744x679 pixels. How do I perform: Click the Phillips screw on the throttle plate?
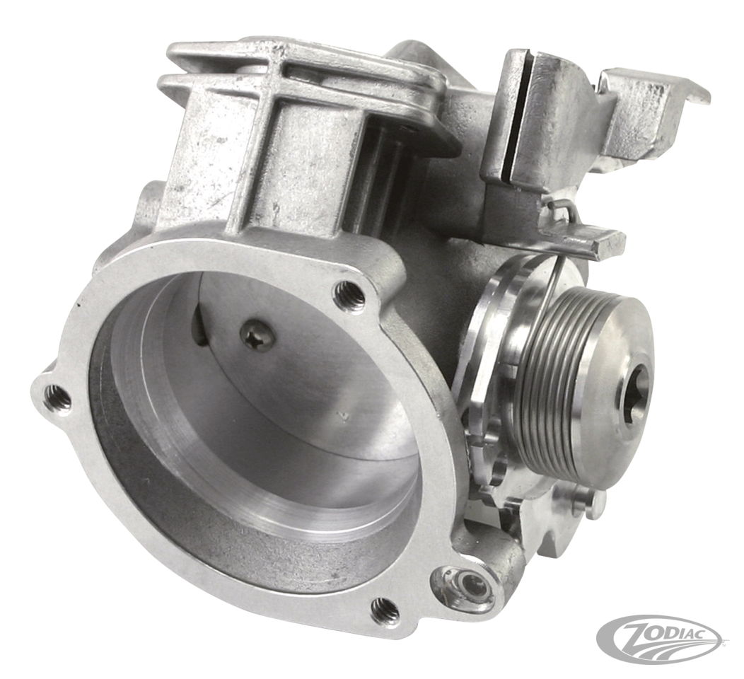click(x=257, y=335)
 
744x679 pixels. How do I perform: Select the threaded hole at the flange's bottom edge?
click(x=384, y=608)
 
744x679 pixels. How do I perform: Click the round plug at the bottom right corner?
click(x=467, y=587)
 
